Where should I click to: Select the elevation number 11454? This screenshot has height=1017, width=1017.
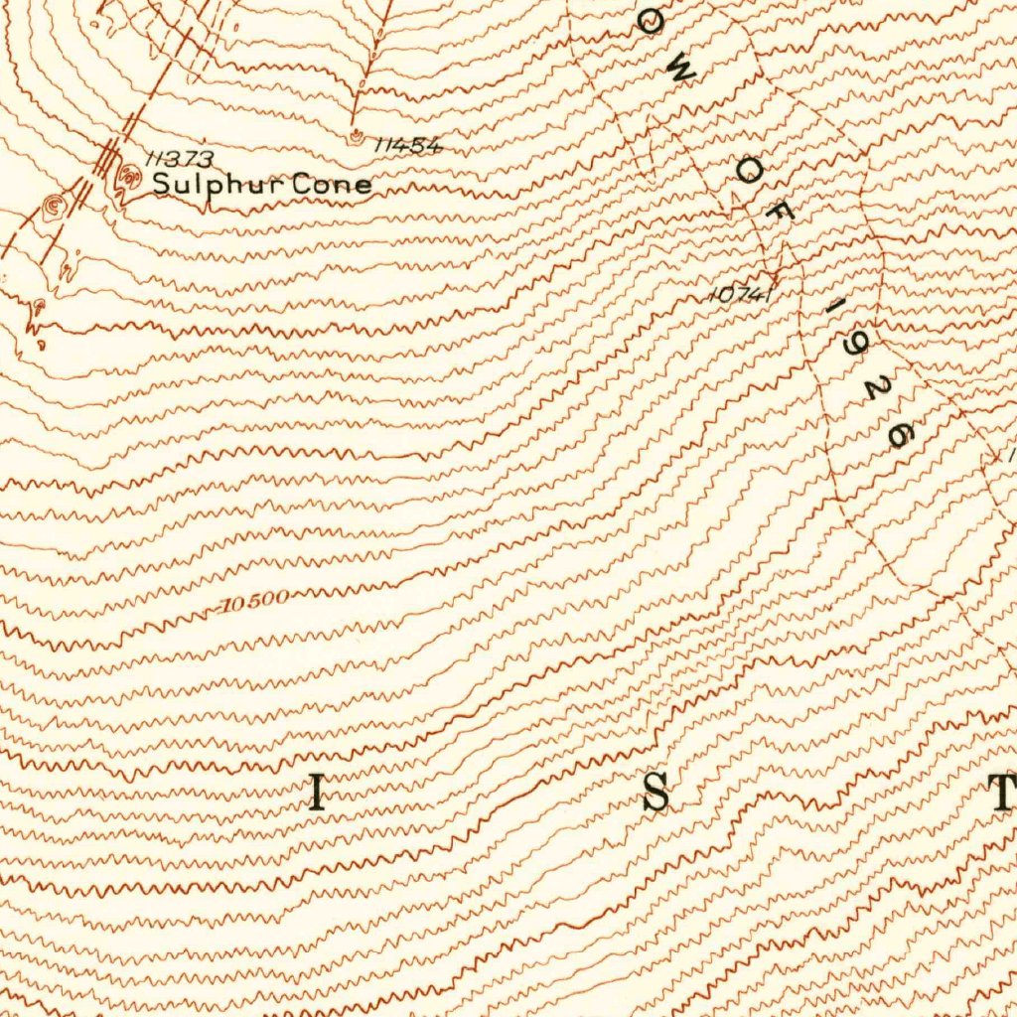coord(407,145)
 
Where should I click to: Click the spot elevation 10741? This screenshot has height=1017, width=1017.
coord(741,294)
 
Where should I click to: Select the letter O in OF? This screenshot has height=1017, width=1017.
coord(748,173)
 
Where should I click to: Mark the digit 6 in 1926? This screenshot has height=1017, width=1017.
coord(899,434)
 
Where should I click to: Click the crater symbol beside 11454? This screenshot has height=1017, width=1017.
coord(356,137)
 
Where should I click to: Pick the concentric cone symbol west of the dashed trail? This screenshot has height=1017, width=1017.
coord(55,206)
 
